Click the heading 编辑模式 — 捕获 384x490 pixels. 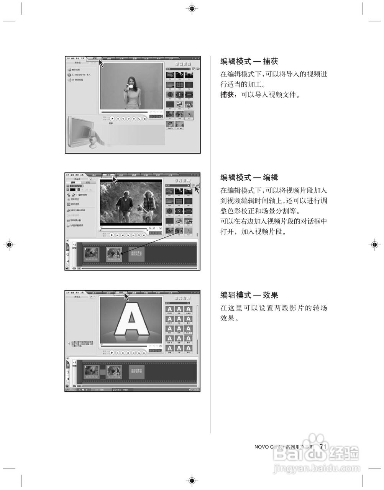point(249,61)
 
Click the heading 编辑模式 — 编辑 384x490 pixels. point(249,178)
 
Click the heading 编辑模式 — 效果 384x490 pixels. point(249,295)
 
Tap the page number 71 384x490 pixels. point(323,446)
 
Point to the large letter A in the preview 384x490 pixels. point(131,318)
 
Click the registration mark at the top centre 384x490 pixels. point(192,8)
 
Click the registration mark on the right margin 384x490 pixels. point(374,245)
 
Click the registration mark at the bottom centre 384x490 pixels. point(192,480)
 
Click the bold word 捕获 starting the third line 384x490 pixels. point(227,95)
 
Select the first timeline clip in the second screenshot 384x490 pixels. point(92,254)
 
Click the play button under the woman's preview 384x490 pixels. point(112,119)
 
